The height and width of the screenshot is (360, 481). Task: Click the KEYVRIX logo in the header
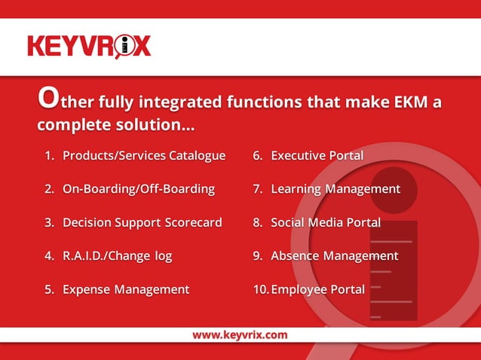[x=89, y=46]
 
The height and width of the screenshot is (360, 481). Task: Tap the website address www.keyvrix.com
[x=240, y=334]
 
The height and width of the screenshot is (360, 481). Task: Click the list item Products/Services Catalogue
[x=143, y=156]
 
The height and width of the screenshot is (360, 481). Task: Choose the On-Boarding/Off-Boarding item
[x=138, y=189]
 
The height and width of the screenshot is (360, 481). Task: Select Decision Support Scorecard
[x=142, y=223]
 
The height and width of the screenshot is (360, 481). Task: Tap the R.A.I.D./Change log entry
[x=117, y=256]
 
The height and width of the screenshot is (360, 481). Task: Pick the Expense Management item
[x=125, y=289]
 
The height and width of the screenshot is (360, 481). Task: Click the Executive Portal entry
[x=317, y=156]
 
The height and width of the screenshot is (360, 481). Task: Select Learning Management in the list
[x=335, y=189]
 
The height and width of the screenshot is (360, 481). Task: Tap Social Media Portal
[x=325, y=223]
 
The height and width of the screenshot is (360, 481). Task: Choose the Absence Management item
[x=334, y=256]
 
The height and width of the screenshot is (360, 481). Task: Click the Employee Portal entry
[x=317, y=289]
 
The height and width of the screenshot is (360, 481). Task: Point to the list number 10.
[x=259, y=289]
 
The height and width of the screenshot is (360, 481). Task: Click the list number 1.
[x=49, y=156]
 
